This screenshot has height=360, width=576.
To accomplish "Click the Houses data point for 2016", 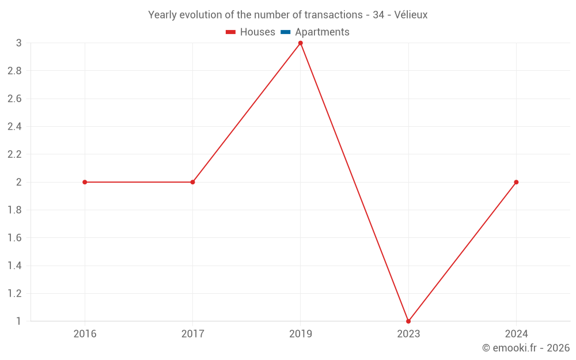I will (x=85, y=182).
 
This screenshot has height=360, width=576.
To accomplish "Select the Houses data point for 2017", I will (x=192, y=182).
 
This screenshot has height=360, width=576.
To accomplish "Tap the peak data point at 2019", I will (x=301, y=43).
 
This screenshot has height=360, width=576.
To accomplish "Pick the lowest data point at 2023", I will (x=408, y=321).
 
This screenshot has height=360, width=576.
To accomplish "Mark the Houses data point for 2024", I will (x=516, y=182).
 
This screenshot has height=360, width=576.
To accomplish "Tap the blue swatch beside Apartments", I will (x=286, y=32).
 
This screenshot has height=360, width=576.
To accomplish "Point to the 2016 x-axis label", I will (x=85, y=334).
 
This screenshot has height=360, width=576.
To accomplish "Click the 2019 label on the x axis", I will (x=301, y=334).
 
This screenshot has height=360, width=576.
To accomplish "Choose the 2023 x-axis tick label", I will (x=408, y=334).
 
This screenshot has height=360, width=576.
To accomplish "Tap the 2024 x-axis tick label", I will (x=516, y=334).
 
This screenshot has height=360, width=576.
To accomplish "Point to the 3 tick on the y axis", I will (x=18, y=43).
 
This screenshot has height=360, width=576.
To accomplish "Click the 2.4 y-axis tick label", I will (x=14, y=127).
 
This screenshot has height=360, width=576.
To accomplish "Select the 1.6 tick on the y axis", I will (x=14, y=238).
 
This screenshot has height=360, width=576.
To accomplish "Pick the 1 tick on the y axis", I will (x=18, y=321).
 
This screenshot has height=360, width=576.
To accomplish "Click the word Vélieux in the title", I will (x=411, y=15).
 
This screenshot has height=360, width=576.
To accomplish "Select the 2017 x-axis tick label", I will (x=192, y=334).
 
